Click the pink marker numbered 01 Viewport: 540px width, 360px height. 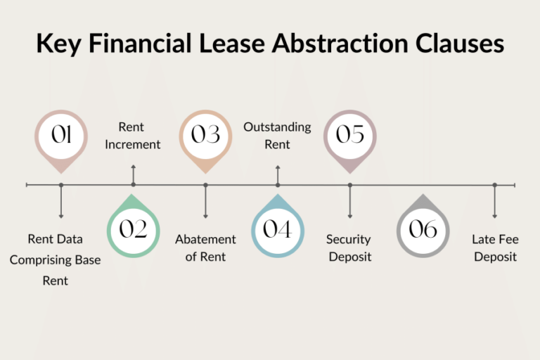[61, 141]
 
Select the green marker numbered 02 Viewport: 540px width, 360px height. [134, 226]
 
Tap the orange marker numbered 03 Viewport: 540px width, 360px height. [205, 141]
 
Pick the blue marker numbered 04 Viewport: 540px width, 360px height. [278, 226]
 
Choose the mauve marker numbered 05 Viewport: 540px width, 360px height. [350, 141]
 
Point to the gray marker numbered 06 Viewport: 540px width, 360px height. [423, 226]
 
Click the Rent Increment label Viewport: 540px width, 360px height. [133, 136]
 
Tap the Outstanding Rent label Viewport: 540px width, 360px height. [277, 136]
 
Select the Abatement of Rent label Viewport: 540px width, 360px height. [205, 248]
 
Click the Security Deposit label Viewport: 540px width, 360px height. [349, 248]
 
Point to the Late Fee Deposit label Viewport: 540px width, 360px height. [495, 248]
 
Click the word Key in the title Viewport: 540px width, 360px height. [59, 44]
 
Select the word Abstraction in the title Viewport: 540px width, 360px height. [340, 43]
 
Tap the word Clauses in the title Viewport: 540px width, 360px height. [460, 43]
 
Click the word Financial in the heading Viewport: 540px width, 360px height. [140, 43]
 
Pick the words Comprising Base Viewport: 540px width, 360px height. [55, 260]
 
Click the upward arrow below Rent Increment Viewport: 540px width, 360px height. [134, 175]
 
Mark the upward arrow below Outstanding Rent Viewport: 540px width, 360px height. [278, 175]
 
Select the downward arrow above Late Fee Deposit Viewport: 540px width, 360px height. [494, 202]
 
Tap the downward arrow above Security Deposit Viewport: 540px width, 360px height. [350, 202]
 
